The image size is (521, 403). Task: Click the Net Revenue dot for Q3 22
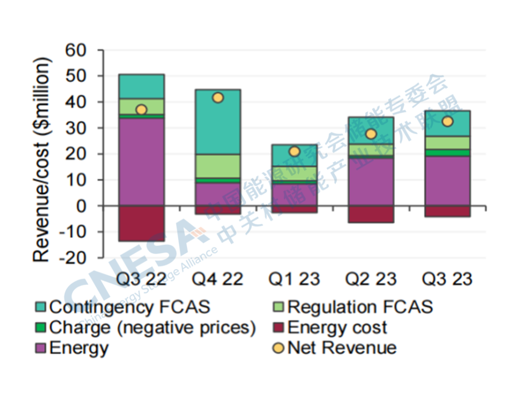pyautogui.click(x=141, y=110)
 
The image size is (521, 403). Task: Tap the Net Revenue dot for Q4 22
pyautogui.click(x=218, y=98)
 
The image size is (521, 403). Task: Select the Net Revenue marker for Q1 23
pyautogui.click(x=294, y=152)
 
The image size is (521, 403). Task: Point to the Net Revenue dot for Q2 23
pyautogui.click(x=371, y=134)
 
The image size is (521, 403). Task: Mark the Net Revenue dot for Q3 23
pyautogui.click(x=447, y=122)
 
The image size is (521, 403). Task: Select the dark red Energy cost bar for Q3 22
pyautogui.click(x=141, y=223)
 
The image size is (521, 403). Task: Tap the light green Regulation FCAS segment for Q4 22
pyautogui.click(x=218, y=166)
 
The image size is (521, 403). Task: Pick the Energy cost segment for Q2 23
pyautogui.click(x=371, y=214)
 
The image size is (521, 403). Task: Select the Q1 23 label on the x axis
pyautogui.click(x=294, y=279)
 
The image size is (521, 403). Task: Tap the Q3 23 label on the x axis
pyautogui.click(x=447, y=279)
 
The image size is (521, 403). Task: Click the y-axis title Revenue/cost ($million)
pyautogui.click(x=42, y=159)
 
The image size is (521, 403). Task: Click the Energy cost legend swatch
pyautogui.click(x=278, y=328)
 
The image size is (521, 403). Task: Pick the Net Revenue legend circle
pyautogui.click(x=278, y=348)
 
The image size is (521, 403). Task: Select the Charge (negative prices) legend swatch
pyautogui.click(x=41, y=328)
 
